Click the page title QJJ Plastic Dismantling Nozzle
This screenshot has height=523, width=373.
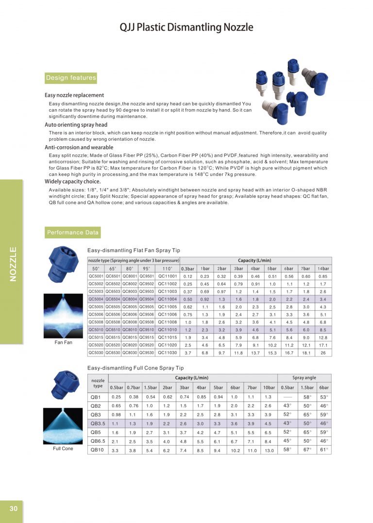tap(186, 28)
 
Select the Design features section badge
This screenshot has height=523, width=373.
tap(71, 78)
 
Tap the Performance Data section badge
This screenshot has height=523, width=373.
tap(73, 233)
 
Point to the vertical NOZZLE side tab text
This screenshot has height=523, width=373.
tap(13, 264)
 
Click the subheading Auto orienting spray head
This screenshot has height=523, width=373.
tap(76, 125)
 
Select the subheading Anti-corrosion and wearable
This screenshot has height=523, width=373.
tap(79, 147)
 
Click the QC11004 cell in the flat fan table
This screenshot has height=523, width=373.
tap(168, 299)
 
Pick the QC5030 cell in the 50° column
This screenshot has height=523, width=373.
tap(96, 353)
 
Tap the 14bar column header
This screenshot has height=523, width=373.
tap(323, 269)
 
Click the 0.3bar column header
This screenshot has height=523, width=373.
tap(188, 269)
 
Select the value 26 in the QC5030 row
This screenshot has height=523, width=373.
tap(323, 353)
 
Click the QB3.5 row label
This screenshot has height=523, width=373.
tap(98, 423)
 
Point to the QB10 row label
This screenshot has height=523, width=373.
tap(97, 450)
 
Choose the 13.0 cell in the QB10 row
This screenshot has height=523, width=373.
tap(268, 450)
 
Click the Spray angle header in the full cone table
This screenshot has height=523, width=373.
tap(304, 377)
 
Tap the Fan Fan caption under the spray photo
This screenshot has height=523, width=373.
tap(63, 342)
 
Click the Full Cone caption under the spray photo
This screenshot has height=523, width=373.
tap(63, 449)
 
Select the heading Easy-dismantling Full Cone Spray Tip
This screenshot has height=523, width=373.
tap(136, 368)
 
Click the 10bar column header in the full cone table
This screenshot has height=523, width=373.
tap(268, 387)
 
